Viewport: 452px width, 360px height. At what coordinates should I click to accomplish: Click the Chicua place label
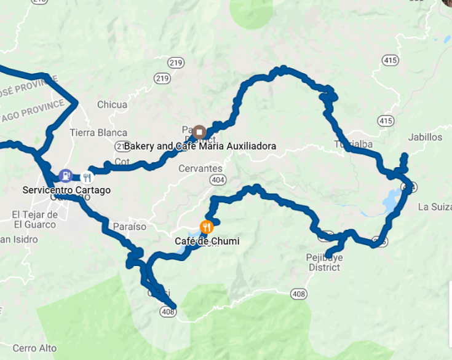[112, 104]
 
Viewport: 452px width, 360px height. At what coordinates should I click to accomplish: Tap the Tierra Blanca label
[98, 133]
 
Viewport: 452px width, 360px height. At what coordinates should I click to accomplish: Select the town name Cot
[122, 162]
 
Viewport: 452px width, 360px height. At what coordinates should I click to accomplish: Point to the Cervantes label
[200, 168]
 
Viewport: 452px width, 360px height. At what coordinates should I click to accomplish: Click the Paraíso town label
[130, 227]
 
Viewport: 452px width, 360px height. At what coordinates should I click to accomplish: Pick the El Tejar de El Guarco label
[34, 220]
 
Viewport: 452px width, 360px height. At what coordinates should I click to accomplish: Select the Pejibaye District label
[324, 262]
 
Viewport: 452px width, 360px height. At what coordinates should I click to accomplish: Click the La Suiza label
[434, 206]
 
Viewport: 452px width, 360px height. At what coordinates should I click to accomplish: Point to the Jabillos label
[424, 138]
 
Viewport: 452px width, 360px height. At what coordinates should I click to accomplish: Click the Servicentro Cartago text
[66, 190]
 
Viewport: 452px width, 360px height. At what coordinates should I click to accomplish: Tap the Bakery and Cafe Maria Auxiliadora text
[200, 146]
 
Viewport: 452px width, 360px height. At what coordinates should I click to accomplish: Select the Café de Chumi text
[210, 241]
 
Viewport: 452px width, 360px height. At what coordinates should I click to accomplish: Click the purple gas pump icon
[65, 176]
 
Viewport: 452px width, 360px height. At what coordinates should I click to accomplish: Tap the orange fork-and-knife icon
[207, 227]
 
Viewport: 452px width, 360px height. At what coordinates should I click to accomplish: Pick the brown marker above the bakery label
[199, 132]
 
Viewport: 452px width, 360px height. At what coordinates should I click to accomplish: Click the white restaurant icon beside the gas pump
[87, 178]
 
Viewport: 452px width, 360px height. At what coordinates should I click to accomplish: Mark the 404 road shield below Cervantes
[216, 179]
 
